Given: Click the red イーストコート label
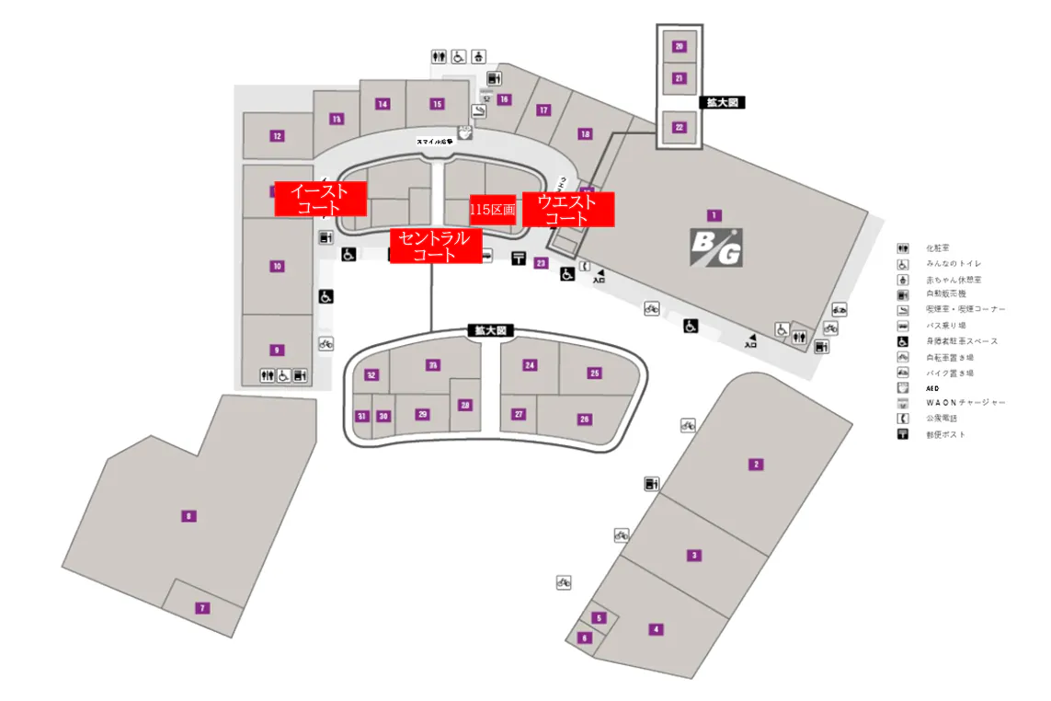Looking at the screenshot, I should (320, 199).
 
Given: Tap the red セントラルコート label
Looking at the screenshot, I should (435, 246).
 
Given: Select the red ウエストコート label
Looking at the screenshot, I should (567, 210).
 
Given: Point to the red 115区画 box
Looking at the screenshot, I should (492, 210).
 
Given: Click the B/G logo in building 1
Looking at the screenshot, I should (716, 247).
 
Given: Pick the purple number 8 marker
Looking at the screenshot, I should (188, 515).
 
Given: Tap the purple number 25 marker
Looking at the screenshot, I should (595, 373).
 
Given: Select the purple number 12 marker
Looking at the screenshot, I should (277, 136).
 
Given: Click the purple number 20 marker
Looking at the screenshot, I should (680, 46).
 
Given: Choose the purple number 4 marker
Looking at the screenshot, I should (656, 629).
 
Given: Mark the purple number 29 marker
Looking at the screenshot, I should (423, 414).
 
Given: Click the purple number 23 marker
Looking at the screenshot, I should (541, 263).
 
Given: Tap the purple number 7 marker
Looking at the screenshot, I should (202, 607).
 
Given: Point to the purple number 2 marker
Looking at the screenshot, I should (756, 464).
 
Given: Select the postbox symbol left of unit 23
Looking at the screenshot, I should (519, 259).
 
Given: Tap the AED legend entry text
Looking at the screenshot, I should (933, 388).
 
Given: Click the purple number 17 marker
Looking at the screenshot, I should (543, 110).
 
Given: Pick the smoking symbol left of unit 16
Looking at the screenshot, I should (479, 110).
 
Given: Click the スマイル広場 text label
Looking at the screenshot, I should (435, 142).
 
